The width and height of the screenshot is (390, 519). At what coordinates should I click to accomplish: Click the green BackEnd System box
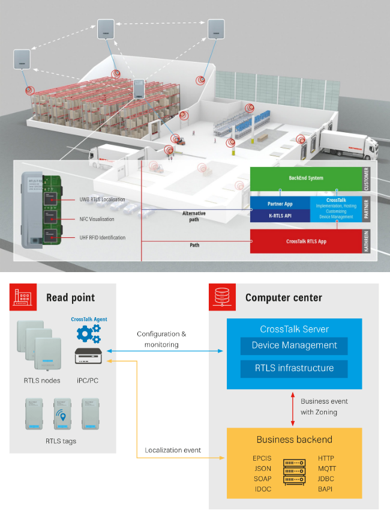[306, 178]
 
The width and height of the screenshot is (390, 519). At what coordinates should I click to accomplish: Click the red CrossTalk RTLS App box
[306, 241]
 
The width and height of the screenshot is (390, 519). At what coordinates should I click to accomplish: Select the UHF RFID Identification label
[102, 238]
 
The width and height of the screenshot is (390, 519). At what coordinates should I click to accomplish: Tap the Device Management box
[294, 345]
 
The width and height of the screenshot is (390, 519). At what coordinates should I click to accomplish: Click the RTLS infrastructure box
[294, 368]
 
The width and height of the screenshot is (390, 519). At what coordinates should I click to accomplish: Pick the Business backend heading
[294, 440]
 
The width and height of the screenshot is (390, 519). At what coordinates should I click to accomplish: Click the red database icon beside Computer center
[219, 297]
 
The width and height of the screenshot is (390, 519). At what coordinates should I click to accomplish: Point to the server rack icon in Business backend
[294, 473]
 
